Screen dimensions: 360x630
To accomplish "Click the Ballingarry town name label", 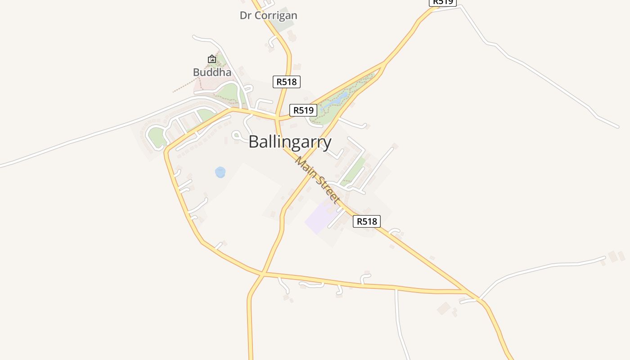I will coord(290,142).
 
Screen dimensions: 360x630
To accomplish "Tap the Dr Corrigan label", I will coord(268,15).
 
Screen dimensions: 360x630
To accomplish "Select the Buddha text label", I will coord(212,72).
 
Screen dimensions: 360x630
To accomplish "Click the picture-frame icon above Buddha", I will coord(212,59).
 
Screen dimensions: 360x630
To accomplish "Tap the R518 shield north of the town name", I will coord(286,82).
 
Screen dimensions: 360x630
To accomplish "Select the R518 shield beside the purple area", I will coord(366,221).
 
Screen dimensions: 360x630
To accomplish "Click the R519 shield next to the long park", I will coord(303,110).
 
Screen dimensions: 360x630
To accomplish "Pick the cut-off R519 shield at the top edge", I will coord(442,2).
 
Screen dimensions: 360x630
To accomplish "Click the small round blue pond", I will coord(220,172).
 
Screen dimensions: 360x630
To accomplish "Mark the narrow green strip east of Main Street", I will coord(353,171).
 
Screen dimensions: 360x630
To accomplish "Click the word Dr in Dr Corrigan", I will coord(245,15).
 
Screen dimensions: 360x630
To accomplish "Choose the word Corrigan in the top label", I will coord(275,15).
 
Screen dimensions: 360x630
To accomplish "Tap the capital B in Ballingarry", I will coord(254,142).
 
